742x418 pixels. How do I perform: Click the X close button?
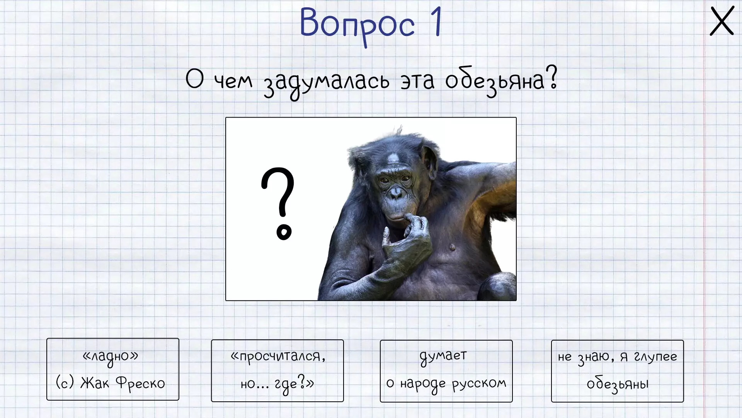point(722,21)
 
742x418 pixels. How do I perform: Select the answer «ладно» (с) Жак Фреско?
point(113,369)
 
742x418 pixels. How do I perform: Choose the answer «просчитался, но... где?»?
point(277,371)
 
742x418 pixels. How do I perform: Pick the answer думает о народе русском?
point(446,371)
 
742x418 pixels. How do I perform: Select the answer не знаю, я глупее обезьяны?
point(617,371)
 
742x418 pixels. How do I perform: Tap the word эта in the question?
point(417,81)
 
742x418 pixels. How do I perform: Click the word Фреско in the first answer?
point(140,383)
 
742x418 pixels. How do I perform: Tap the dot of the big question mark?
point(284,232)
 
